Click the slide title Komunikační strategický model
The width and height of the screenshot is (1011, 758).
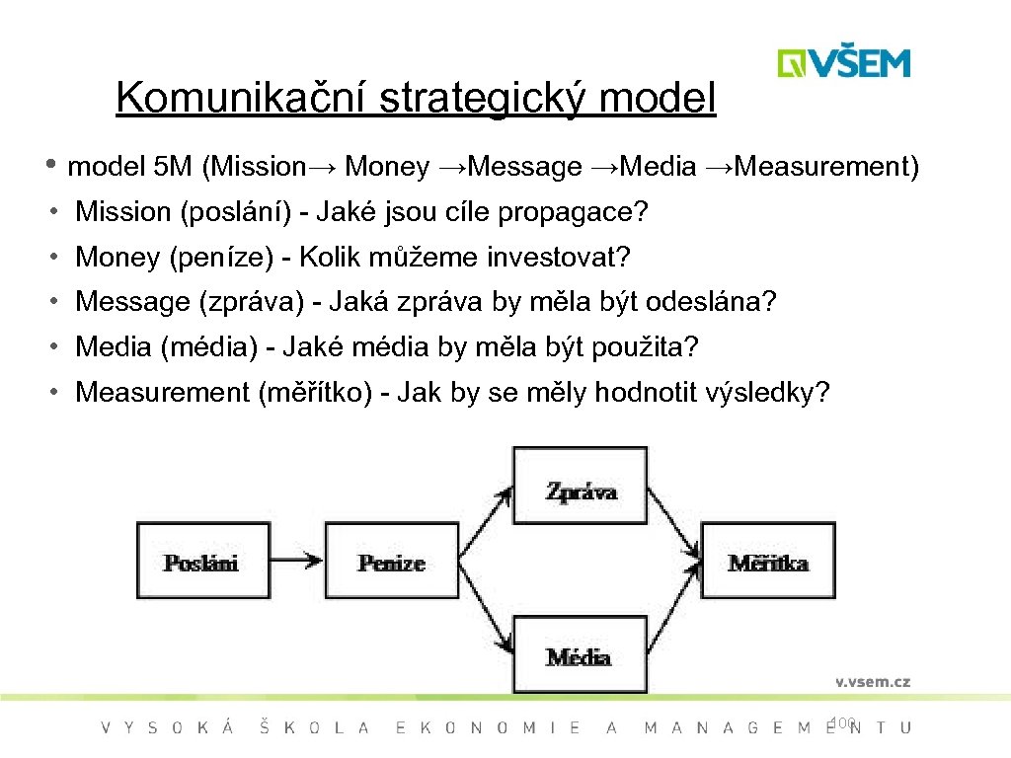[416, 98]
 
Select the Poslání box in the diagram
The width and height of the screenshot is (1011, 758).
[201, 562]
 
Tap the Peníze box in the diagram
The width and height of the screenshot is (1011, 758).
[391, 562]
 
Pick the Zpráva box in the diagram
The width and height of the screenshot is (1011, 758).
[581, 491]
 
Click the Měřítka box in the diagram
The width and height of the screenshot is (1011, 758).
[768, 562]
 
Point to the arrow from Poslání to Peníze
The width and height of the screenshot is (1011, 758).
[297, 562]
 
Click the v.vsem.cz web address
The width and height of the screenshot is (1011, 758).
[873, 681]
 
